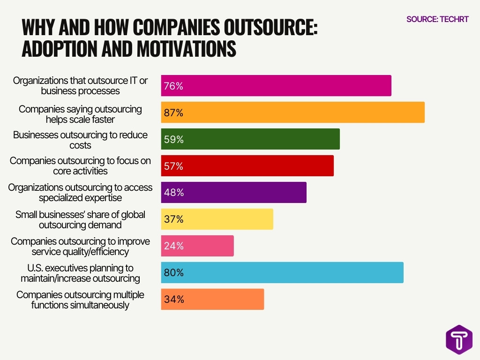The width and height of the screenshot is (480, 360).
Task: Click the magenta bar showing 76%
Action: point(276,86)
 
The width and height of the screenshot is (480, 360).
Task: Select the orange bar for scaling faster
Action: point(292,112)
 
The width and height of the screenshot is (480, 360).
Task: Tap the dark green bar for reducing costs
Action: point(250,139)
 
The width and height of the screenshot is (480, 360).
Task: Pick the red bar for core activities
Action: point(247,166)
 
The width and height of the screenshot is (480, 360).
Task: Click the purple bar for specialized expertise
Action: point(233,193)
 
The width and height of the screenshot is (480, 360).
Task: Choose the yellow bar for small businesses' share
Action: point(217,219)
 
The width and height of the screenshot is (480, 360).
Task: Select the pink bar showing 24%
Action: point(197,246)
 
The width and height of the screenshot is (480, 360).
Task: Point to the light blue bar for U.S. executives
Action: point(282,272)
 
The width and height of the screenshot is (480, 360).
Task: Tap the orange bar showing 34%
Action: point(212,299)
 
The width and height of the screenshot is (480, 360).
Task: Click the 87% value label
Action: point(173,113)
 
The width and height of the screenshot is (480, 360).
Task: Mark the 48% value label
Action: point(173,193)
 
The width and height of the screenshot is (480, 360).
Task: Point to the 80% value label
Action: point(173,273)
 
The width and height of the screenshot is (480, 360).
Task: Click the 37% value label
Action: point(173,219)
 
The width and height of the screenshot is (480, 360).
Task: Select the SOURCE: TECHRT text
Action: point(437,19)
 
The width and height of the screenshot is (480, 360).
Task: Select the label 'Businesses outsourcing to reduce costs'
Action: point(80,140)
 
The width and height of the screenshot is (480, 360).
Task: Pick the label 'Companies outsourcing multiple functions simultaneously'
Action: point(80,300)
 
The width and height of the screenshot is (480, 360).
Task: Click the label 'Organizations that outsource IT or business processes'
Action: point(80,85)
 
